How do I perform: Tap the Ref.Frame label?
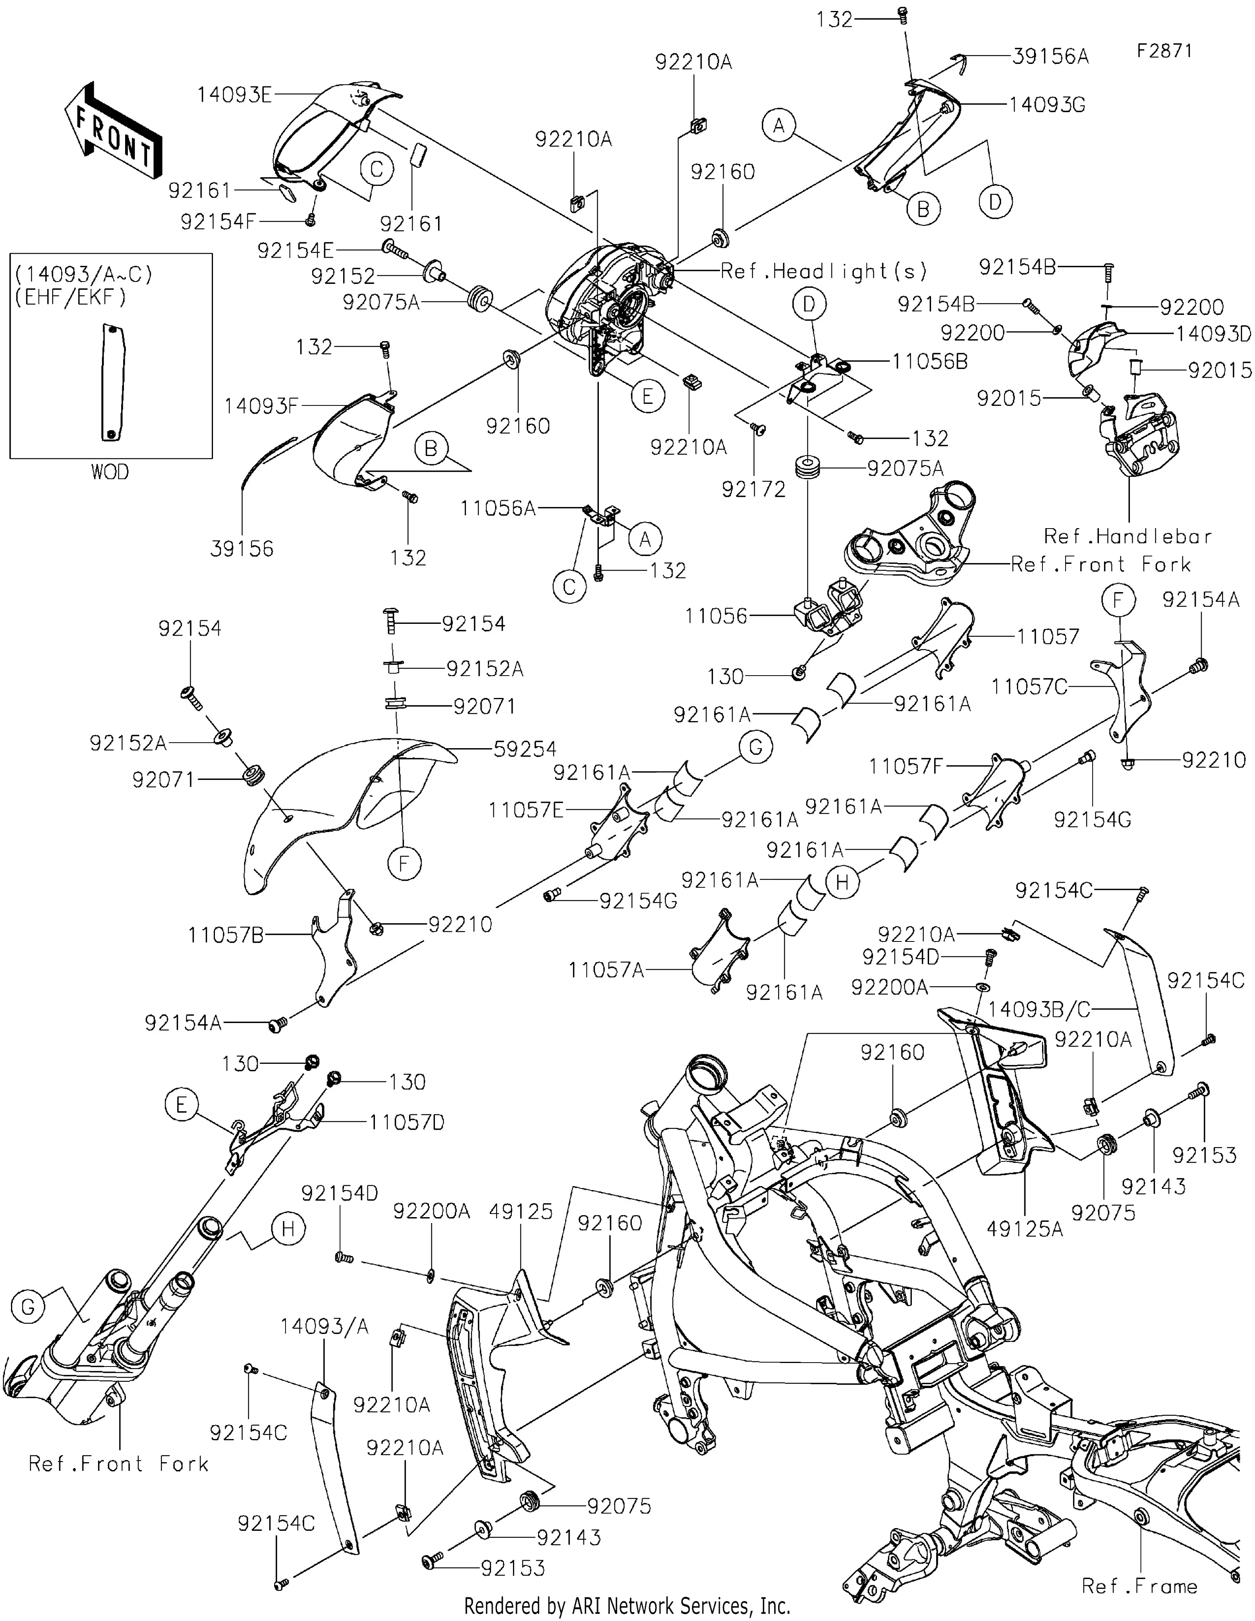(x=1139, y=1586)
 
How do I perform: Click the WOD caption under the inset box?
(x=110, y=472)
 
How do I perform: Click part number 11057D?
(x=407, y=1122)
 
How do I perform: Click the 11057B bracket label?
(x=226, y=935)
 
